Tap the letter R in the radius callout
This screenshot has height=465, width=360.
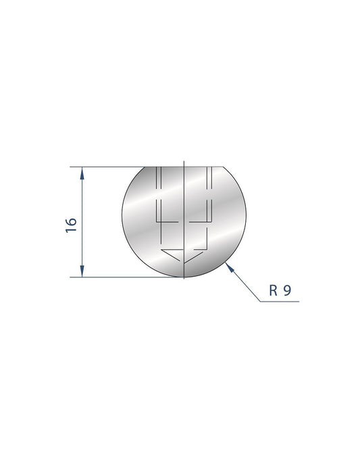pos(274,292)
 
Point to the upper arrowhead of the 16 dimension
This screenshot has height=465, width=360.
pos(82,173)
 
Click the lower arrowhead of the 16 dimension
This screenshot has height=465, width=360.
pos(82,271)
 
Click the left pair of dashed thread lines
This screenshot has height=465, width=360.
pos(158,192)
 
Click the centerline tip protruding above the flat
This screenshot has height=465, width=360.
pos(184,162)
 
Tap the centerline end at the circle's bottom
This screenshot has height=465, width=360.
pos(184,277)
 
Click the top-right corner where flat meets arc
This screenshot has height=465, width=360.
pos(224,167)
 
